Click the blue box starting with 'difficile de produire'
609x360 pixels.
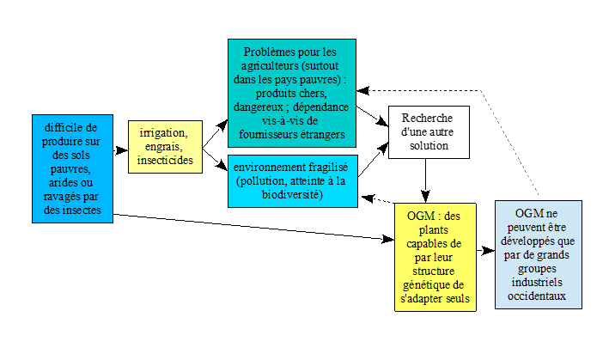(71, 168)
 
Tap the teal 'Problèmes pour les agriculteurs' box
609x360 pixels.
(292, 89)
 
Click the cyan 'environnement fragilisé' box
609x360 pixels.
(292, 180)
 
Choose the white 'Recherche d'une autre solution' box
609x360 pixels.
(429, 132)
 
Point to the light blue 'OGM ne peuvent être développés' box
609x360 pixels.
(538, 254)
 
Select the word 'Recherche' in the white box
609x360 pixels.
(429, 118)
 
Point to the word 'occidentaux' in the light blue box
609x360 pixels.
(538, 297)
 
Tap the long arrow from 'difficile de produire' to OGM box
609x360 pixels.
(249, 228)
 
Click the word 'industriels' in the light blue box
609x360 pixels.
(538, 283)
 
